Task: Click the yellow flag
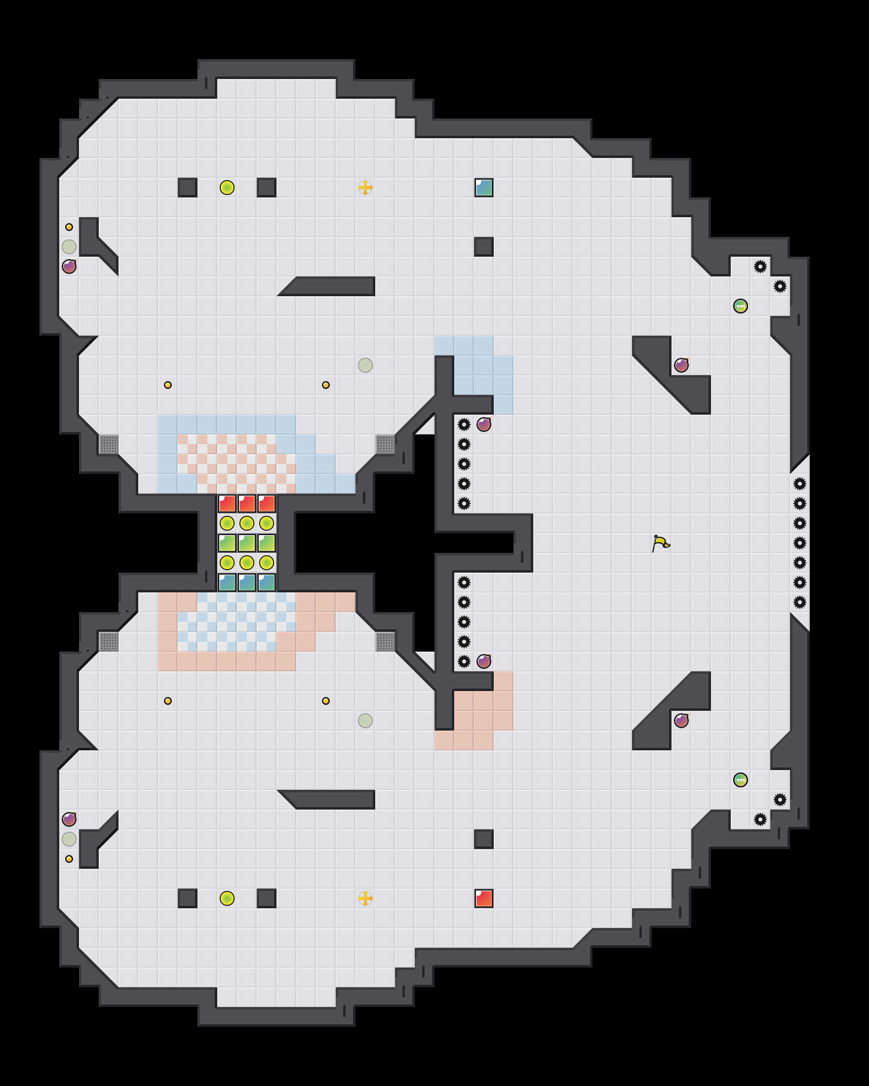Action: (660, 543)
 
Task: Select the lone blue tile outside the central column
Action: (483, 188)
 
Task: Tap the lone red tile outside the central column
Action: (483, 898)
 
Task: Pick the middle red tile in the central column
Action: (247, 503)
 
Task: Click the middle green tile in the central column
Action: (247, 543)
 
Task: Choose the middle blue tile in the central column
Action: (247, 582)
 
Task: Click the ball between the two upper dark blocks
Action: (227, 188)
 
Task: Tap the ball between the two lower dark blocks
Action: (227, 898)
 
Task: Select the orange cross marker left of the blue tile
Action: (365, 188)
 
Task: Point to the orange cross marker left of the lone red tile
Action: (365, 898)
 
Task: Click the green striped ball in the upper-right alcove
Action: (741, 306)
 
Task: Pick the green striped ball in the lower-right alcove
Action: (741, 780)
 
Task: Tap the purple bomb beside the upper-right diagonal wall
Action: (681, 365)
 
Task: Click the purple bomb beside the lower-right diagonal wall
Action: (681, 720)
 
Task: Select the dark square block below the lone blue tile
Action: (483, 247)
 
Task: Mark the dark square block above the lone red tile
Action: (483, 839)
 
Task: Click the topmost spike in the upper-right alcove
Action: (760, 267)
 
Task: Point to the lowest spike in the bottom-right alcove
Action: (760, 819)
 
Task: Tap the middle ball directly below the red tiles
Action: (247, 523)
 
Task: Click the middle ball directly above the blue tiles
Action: (247, 563)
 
